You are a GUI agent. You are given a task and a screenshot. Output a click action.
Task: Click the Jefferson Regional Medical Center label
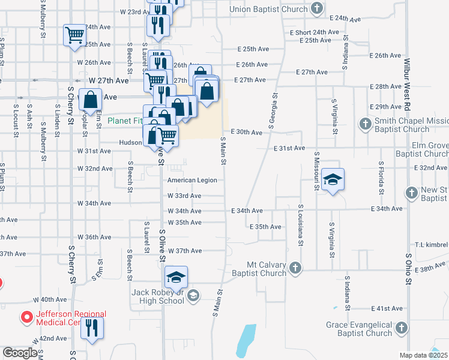tap(63, 318)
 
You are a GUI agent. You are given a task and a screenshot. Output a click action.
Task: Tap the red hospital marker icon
tap(26, 316)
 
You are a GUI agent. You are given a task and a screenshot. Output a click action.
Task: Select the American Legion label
tap(192, 180)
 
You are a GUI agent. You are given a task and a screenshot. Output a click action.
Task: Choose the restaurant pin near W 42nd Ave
tap(92, 328)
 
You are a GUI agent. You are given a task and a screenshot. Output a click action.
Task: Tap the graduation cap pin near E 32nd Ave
tap(332, 181)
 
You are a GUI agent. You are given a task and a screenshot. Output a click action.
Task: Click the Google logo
tap(20, 352)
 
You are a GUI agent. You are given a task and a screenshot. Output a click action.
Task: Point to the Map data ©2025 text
tap(423, 355)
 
